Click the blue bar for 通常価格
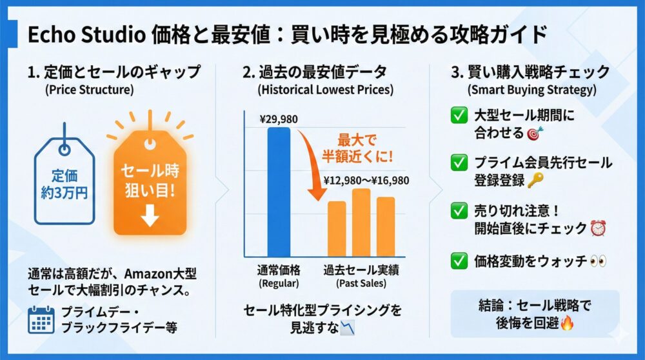279,191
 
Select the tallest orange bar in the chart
361,222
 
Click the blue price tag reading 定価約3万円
65,183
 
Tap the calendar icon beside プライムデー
41,320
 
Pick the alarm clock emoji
598,228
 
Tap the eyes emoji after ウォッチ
598,261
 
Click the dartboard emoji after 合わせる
533,134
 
